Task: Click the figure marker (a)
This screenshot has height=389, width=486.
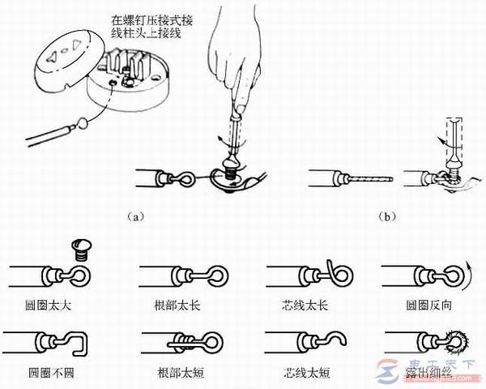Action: pyautogui.click(x=137, y=216)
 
